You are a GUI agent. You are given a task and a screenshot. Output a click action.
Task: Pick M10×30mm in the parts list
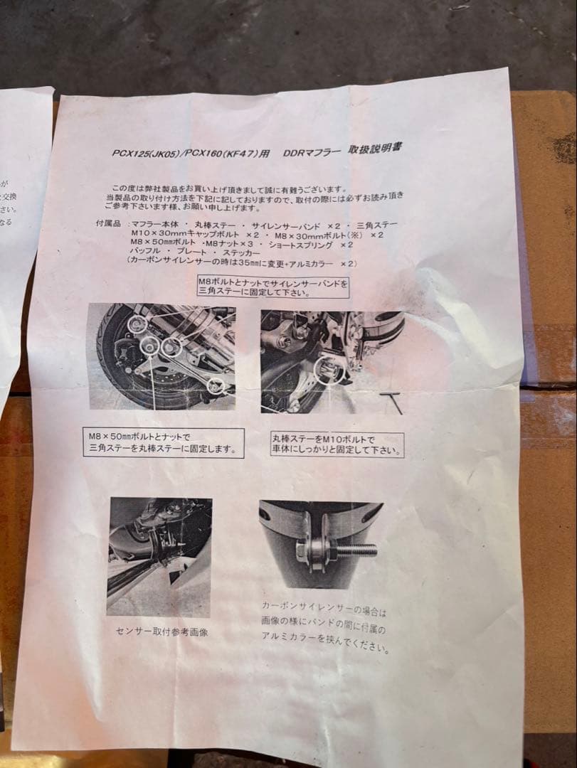click(157, 234)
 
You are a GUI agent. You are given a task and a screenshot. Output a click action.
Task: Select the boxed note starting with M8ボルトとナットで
click(274, 287)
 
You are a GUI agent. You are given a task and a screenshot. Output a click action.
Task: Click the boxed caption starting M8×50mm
click(163, 442)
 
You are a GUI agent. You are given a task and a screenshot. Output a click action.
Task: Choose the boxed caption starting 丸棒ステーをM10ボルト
click(337, 444)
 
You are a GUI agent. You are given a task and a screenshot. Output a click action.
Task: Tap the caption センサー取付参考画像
click(162, 631)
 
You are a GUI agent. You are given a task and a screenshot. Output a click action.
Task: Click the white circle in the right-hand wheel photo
click(329, 370)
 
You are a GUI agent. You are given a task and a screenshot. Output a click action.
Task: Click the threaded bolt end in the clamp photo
click(358, 549)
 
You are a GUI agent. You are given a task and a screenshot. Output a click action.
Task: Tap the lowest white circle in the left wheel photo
click(216, 386)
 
